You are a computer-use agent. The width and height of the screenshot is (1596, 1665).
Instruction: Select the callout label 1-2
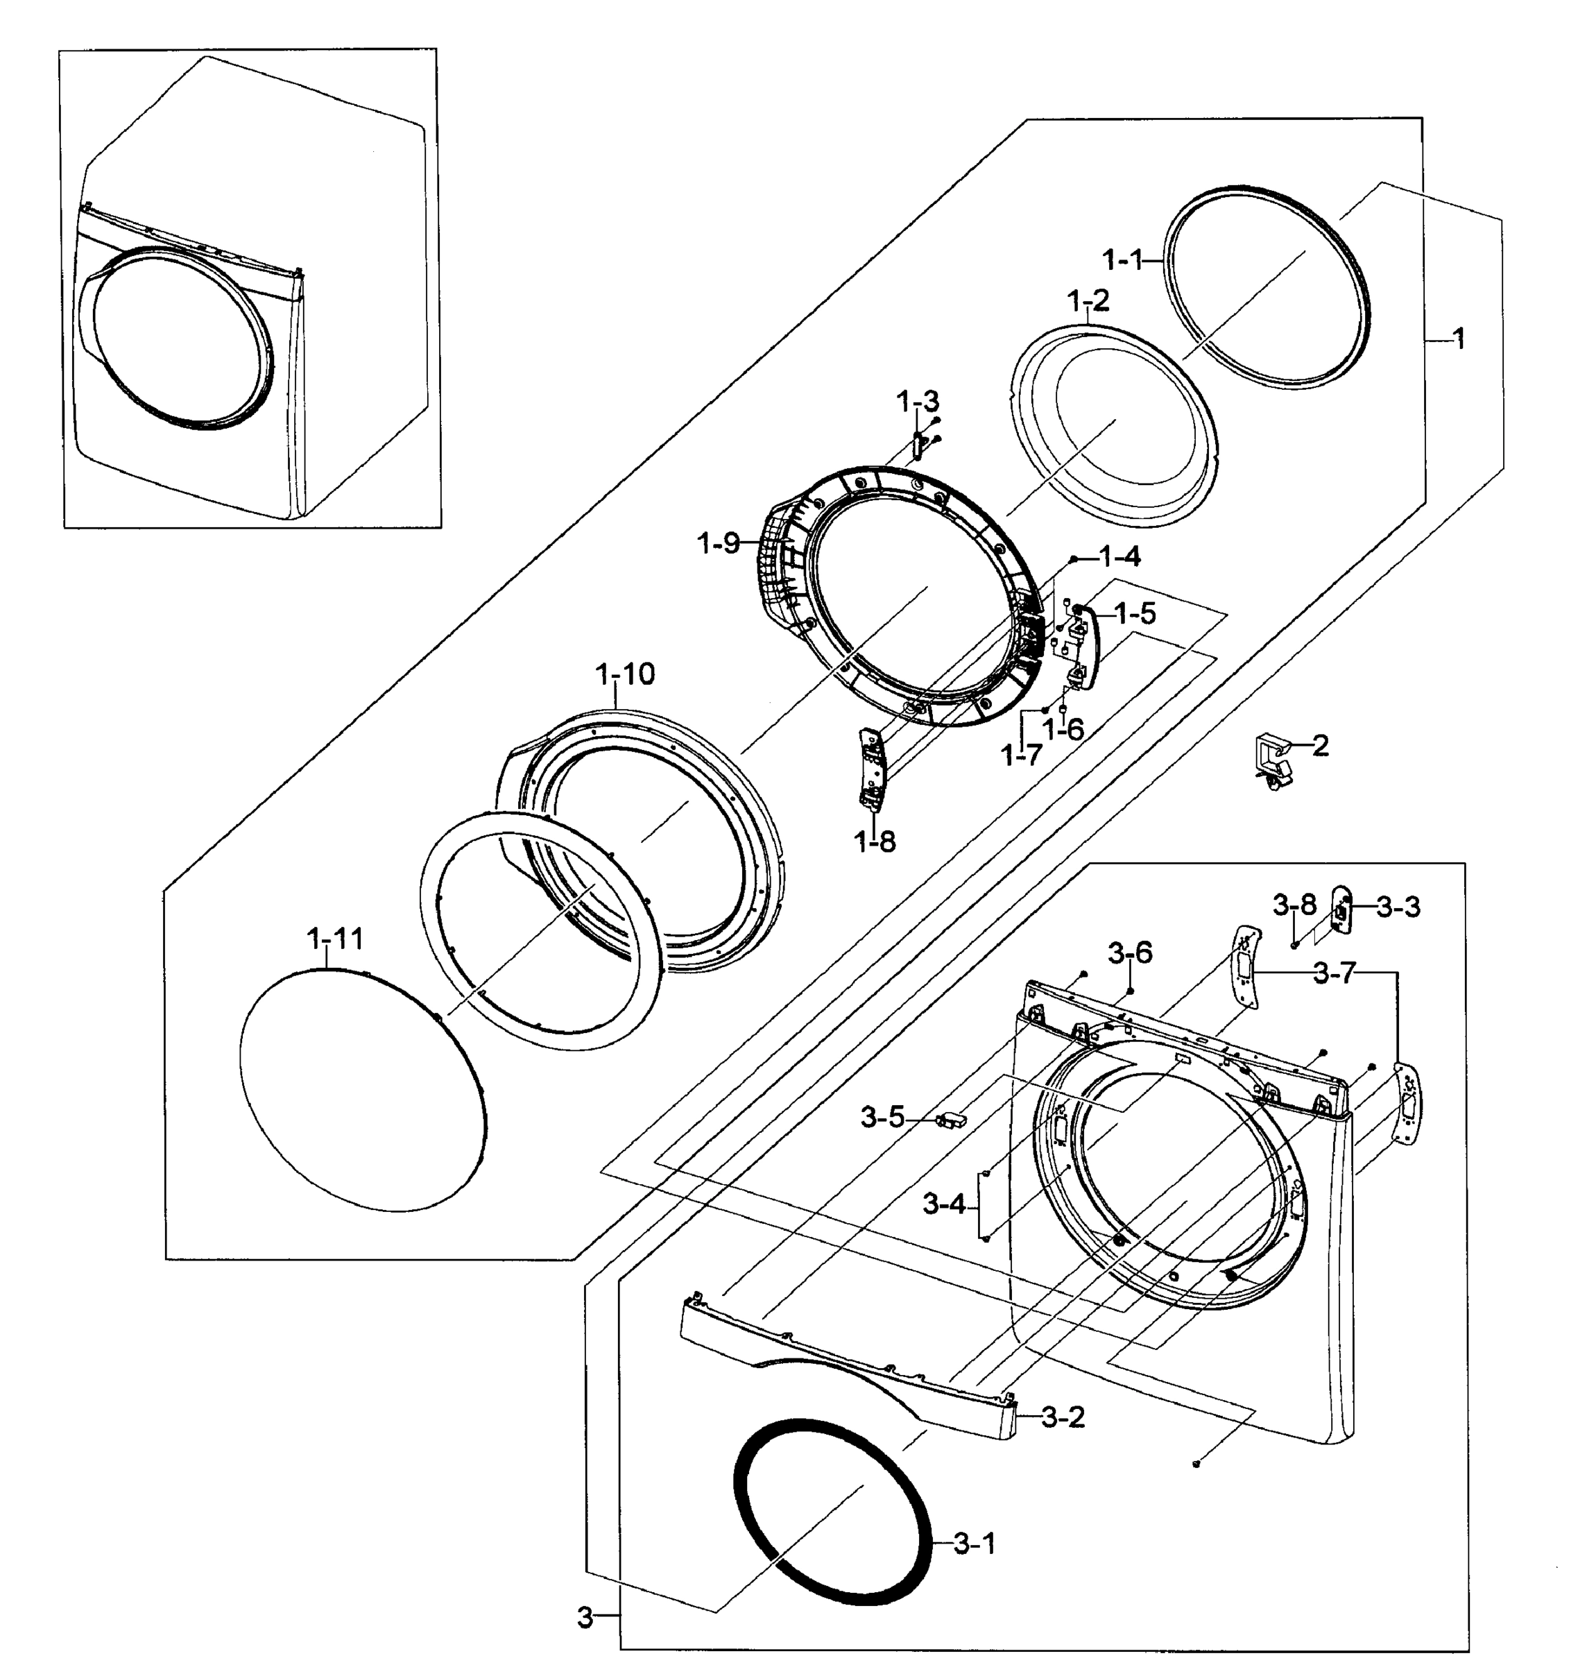click(x=1088, y=300)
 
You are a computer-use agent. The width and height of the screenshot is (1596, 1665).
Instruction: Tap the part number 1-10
click(x=625, y=674)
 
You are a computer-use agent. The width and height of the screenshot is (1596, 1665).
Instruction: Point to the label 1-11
click(x=334, y=939)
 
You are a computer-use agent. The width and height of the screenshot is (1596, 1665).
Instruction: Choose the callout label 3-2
click(x=1063, y=1417)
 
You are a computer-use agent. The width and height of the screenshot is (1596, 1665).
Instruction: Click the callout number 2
click(x=1320, y=745)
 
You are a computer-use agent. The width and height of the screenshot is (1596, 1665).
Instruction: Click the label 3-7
click(x=1335, y=973)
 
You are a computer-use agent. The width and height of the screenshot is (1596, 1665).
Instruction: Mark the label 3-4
click(x=944, y=1204)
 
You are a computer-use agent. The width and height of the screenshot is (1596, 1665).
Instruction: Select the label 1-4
click(x=1119, y=556)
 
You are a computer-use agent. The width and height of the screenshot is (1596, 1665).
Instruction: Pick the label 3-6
click(x=1131, y=953)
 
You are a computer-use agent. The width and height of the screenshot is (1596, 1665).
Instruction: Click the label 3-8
click(x=1294, y=905)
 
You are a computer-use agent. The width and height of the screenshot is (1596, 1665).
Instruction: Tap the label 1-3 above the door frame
click(x=918, y=400)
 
